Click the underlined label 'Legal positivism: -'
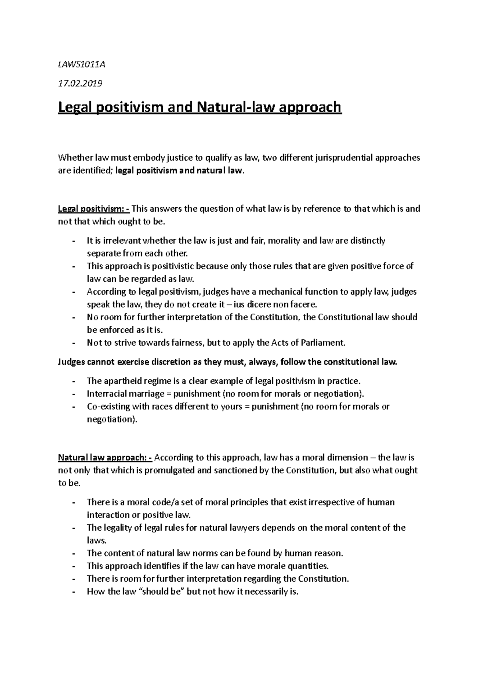[x=94, y=208]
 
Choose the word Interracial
[x=108, y=394]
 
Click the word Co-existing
[x=109, y=406]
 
